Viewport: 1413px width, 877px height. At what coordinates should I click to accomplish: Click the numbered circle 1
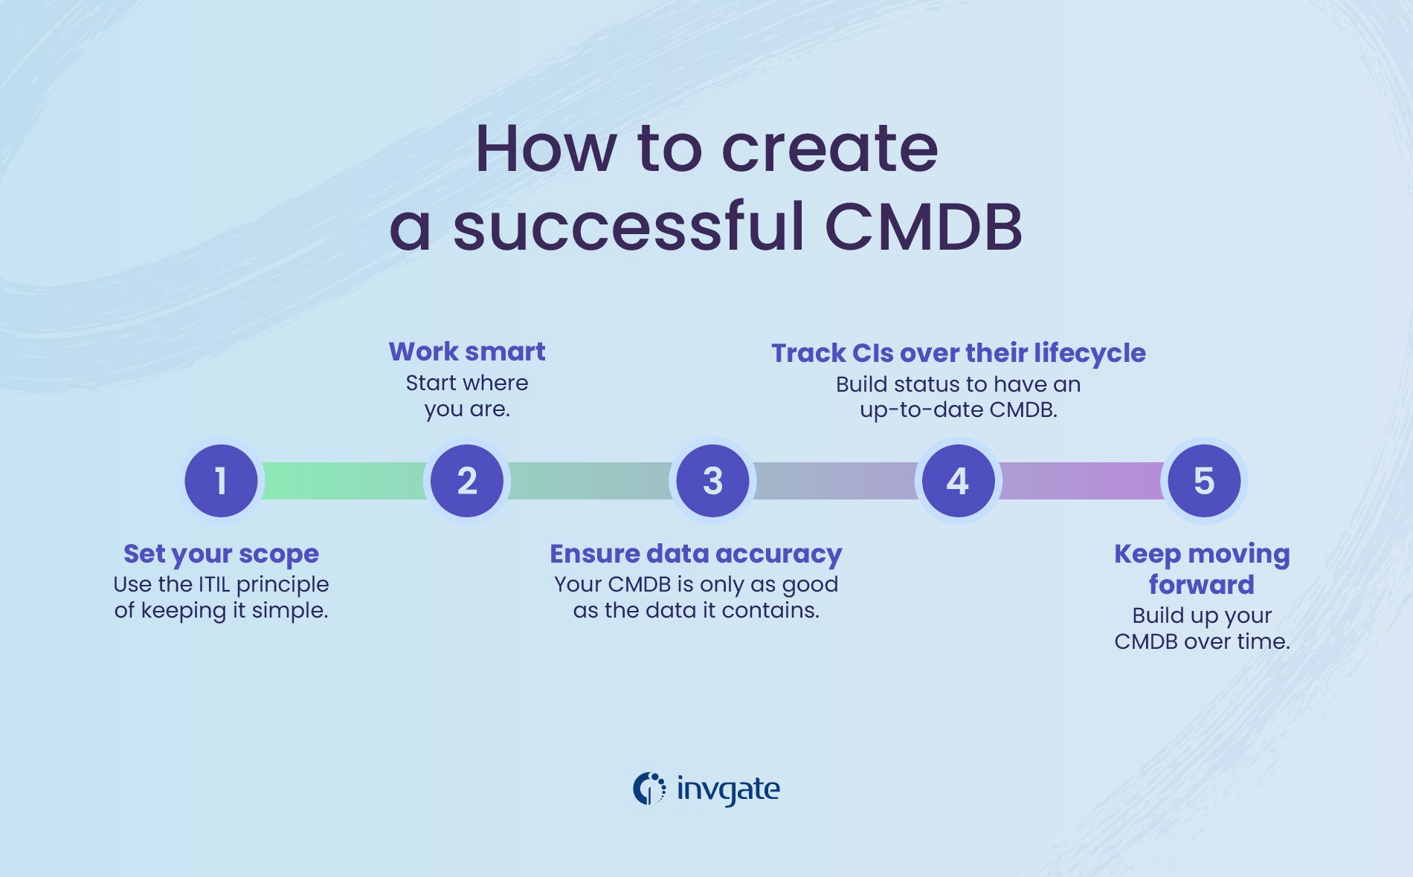click(x=221, y=481)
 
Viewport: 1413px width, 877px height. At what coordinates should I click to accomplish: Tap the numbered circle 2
click(x=467, y=481)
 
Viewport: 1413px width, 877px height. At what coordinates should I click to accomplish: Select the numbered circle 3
click(x=712, y=481)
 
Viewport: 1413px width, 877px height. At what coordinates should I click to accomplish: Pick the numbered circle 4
click(x=958, y=481)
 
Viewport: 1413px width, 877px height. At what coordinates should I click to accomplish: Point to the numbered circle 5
click(x=1204, y=481)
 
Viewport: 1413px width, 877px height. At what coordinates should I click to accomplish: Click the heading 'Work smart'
click(x=467, y=352)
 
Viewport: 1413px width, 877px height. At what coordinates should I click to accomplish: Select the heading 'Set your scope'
click(x=221, y=554)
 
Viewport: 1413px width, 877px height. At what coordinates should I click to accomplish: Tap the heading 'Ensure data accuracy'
click(x=695, y=554)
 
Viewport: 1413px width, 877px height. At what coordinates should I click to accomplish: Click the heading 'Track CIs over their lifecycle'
click(x=958, y=353)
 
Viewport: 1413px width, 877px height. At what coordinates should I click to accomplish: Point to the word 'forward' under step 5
click(x=1201, y=585)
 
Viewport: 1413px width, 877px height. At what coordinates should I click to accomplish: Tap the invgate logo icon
click(x=649, y=789)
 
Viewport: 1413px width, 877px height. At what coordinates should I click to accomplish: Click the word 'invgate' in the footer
click(x=728, y=789)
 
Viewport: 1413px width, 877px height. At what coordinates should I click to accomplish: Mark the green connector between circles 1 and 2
click(x=344, y=481)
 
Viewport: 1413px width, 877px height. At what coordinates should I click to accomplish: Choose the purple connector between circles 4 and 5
click(x=1081, y=481)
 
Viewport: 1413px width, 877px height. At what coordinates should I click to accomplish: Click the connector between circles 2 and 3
click(x=590, y=481)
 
